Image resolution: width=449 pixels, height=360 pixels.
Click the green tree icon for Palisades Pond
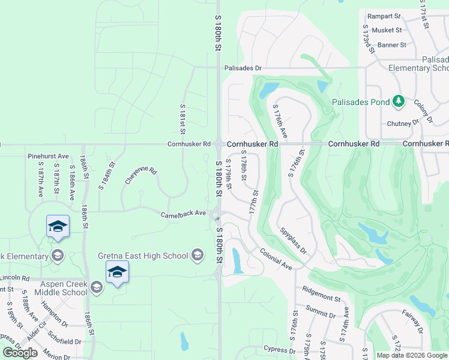[397, 101]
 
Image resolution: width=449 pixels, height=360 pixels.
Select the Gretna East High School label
[143, 256]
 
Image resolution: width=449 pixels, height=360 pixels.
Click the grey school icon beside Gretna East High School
[197, 256]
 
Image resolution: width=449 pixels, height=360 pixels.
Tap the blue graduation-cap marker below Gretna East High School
[117, 272]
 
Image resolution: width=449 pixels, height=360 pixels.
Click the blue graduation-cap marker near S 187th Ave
[58, 226]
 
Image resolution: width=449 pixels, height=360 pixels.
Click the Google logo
[20, 352]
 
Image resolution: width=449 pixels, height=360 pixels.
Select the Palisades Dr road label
[243, 68]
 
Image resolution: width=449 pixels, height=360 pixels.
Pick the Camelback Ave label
[183, 214]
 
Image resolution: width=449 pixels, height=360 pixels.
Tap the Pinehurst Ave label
[48, 156]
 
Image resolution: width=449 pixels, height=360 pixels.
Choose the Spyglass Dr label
[294, 239]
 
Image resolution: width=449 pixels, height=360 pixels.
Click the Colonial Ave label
[276, 259]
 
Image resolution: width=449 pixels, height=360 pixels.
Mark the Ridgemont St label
[322, 294]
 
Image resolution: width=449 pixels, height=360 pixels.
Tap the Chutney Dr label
[403, 123]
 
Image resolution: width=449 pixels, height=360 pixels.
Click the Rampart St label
[384, 16]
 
